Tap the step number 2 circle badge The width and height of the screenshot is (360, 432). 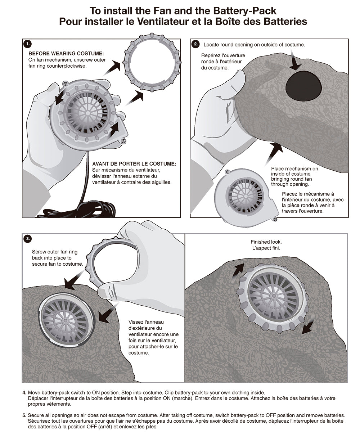[x=195, y=44]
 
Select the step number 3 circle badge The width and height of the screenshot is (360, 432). [x=27, y=239]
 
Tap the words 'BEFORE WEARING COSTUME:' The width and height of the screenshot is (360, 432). [x=66, y=53]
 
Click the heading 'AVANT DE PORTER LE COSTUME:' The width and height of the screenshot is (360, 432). [x=134, y=164]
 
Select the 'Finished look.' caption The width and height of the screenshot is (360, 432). [x=266, y=242]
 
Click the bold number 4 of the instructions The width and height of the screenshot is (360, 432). [x=24, y=392]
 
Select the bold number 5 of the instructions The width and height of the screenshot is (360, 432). [x=24, y=415]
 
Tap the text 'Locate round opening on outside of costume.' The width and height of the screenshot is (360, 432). [x=254, y=45]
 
